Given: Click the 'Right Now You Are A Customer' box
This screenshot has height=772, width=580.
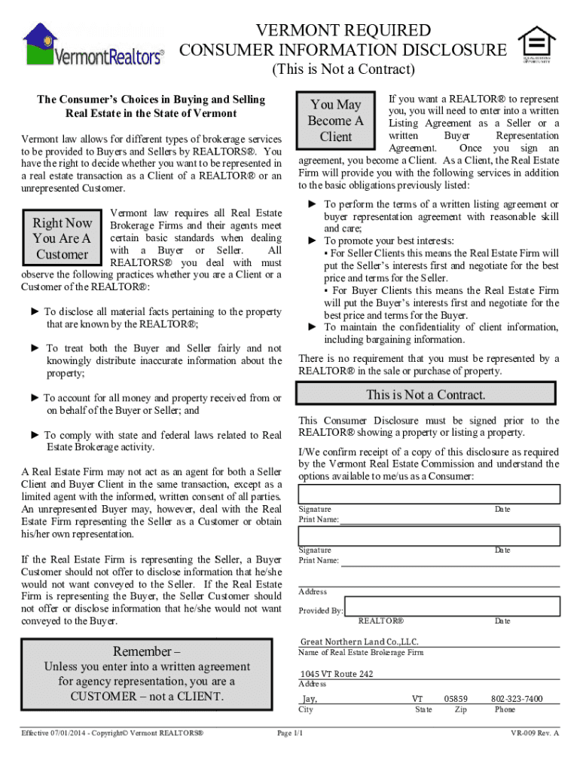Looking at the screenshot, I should (62, 239).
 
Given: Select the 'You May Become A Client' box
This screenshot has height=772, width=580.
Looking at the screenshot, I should (335, 121).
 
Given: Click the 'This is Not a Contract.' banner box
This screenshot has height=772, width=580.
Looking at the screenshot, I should (426, 395).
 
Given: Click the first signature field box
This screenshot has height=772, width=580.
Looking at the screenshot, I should (429, 494).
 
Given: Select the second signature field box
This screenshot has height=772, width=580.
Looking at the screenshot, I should (429, 536).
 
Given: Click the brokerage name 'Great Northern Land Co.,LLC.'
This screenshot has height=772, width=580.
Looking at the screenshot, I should (359, 642).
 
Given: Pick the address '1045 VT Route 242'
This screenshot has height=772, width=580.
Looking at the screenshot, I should (336, 674).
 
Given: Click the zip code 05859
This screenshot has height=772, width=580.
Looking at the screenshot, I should (456, 699).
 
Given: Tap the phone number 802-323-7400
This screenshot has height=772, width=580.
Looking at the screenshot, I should (517, 699).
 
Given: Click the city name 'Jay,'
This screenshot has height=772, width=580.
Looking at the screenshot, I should (309, 699).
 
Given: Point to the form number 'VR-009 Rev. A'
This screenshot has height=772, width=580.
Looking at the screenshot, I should (535, 733).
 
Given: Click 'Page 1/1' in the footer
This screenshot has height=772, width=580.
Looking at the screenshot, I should (290, 733).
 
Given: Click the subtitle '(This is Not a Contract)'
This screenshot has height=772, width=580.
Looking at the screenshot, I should (343, 70).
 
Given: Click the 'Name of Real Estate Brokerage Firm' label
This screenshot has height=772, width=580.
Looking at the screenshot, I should (361, 653).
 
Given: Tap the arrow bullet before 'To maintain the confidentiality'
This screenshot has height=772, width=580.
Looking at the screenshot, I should (313, 327).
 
